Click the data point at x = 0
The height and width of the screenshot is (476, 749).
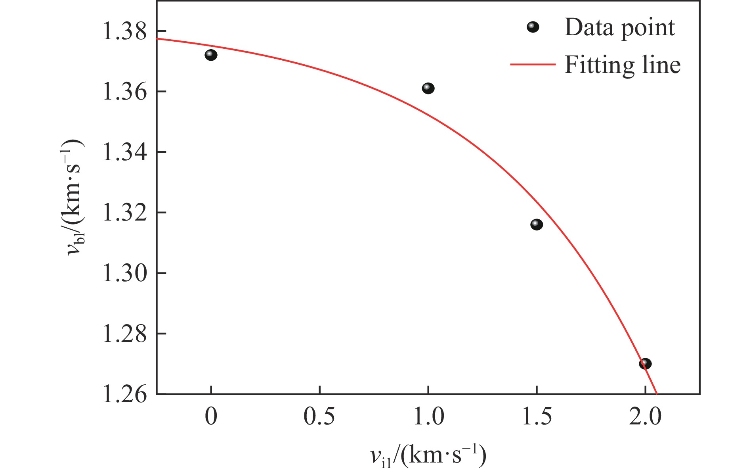[211, 55]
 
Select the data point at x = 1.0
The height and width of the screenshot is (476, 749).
[428, 88]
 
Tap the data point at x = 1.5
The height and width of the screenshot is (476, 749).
[537, 225]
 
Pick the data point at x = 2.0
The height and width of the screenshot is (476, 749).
[645, 363]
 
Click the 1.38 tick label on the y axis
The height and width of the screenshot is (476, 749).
[124, 31]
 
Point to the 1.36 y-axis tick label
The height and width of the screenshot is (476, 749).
[124, 92]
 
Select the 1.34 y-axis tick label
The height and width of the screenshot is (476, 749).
[124, 152]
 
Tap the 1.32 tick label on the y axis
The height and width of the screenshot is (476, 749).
[124, 213]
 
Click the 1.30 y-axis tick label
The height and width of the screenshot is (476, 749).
[124, 273]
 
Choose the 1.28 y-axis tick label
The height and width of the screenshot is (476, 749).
[124, 334]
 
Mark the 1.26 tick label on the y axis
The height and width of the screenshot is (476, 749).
[124, 394]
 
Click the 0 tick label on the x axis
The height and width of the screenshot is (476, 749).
[211, 416]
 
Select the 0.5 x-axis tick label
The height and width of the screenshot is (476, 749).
[319, 416]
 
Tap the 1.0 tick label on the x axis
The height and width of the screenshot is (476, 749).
[428, 416]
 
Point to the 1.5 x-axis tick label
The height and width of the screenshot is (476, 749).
[537, 416]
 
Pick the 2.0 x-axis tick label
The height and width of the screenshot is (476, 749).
[646, 416]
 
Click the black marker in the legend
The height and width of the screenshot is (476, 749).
[533, 27]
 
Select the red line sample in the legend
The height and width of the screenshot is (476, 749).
[533, 64]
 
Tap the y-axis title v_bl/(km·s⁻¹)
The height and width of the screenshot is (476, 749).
[75, 197]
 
